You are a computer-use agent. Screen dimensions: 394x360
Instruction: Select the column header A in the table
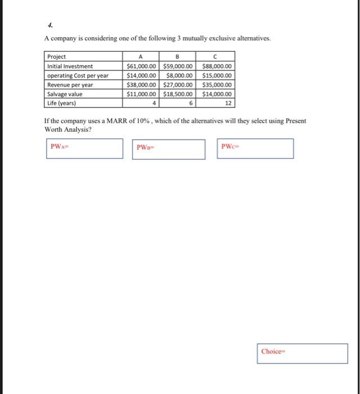(140, 57)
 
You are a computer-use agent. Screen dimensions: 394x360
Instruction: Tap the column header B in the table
(178, 57)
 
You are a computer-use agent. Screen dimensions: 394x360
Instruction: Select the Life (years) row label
(61, 104)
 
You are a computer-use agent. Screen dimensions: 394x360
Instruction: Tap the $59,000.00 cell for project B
(179, 66)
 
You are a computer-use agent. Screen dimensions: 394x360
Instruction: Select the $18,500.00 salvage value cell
(179, 95)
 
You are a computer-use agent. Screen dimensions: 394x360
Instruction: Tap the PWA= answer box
(85, 148)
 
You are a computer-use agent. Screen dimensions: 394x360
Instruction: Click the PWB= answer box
(169, 149)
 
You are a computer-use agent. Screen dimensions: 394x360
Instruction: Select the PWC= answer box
(255, 148)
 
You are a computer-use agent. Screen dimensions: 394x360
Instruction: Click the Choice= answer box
(303, 353)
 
